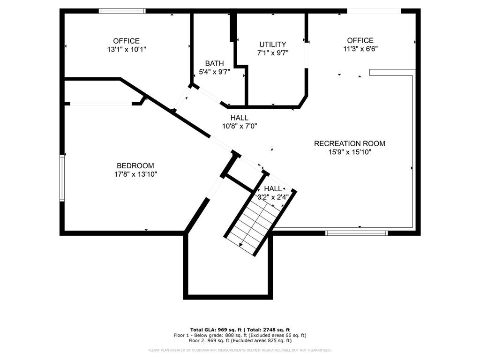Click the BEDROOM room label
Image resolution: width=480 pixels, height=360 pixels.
point(135,165)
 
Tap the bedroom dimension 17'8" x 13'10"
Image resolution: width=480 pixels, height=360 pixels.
point(135,174)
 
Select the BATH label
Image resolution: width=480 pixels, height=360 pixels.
point(214,63)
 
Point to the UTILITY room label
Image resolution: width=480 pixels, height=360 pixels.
point(272,45)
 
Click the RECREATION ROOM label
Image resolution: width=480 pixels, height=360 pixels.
point(349,143)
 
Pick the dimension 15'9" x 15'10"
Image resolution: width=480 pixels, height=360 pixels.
point(349,152)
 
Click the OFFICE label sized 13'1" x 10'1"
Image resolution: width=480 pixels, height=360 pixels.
point(126,41)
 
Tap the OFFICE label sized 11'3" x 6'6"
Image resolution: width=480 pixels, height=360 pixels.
point(360,40)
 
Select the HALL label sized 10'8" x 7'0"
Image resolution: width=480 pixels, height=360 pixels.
point(239,118)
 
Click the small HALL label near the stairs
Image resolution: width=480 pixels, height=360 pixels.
point(273,188)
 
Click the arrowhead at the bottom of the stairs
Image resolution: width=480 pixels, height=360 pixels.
point(241,244)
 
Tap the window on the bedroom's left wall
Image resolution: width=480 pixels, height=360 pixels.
point(62,178)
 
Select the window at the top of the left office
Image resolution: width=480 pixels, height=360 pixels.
point(122,11)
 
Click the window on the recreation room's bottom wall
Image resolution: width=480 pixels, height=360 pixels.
point(356,232)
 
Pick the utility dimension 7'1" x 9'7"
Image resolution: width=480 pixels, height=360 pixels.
point(272,53)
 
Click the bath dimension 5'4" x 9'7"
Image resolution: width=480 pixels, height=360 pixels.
point(214,72)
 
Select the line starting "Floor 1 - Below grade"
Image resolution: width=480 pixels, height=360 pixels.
point(240,335)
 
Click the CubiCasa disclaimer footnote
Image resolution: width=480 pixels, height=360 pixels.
point(240,350)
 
